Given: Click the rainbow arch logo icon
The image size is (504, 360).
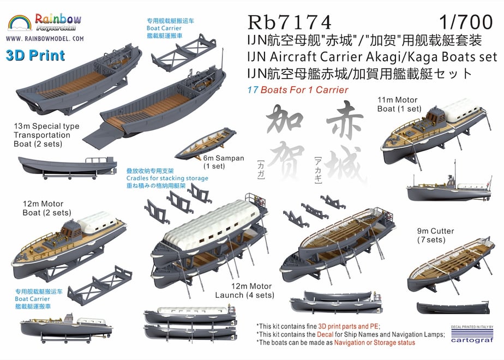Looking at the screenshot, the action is tap(20, 22).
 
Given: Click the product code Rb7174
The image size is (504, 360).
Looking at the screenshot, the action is tap(289, 22).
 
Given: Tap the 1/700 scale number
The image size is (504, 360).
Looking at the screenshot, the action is tap(466, 22).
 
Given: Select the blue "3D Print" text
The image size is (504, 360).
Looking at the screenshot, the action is tap(35, 55).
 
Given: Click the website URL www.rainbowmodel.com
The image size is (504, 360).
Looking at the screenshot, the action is tap(45, 39).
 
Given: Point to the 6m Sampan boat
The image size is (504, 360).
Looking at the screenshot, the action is tap(206, 143).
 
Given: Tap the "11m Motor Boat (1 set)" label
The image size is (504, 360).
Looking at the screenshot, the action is tap(399, 105).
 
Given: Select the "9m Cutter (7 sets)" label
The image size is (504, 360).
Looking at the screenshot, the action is tap(435, 235).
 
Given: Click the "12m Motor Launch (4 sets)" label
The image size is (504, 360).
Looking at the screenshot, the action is tap(244, 291).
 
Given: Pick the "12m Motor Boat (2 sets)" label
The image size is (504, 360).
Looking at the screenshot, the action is tap(47, 208).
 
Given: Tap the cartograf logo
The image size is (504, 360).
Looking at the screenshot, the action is tap(472, 335).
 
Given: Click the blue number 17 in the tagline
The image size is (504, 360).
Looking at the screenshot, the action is tap(253, 89).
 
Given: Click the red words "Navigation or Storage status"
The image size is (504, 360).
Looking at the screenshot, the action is tap(375, 343).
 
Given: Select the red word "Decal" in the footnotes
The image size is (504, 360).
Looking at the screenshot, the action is tap(325, 334).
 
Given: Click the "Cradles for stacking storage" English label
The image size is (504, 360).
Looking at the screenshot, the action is tap(167, 178).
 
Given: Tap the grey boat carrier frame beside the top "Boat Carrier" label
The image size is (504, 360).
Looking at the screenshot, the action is tap(184, 52).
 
